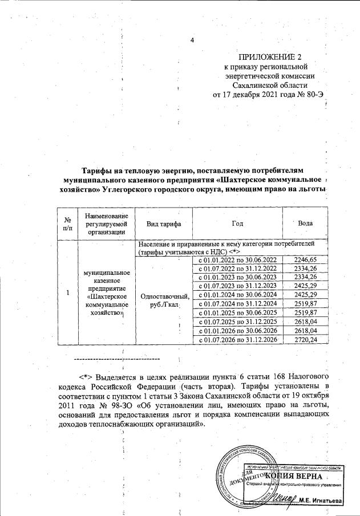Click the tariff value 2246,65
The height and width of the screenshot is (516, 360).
pos(305,260)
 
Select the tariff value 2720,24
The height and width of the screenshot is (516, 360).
pos(305,339)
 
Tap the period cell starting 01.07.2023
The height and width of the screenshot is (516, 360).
pos(237,286)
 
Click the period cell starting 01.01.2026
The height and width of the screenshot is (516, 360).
pos(237,331)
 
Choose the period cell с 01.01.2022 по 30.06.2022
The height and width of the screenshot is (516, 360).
pos(237,260)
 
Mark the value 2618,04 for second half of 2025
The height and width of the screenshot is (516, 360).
pos(305,322)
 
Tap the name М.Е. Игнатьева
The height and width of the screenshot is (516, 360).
pos(322,501)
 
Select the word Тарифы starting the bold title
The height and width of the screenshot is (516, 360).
pos(98,170)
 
